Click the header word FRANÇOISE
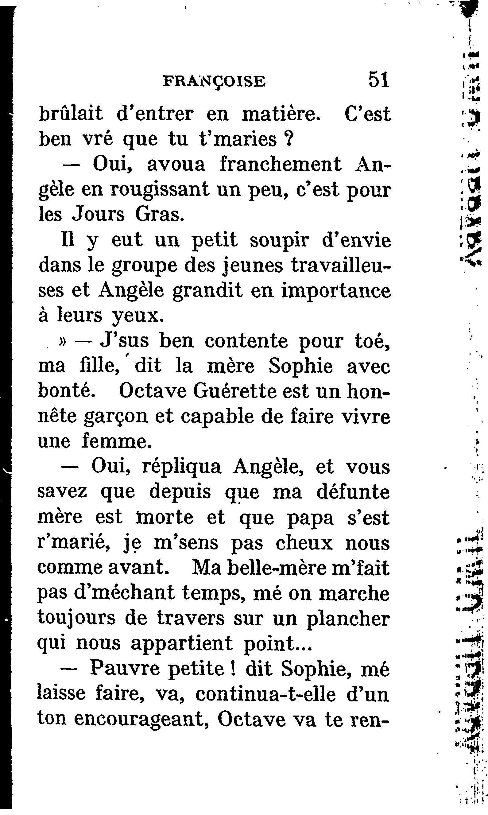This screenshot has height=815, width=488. pos(214,82)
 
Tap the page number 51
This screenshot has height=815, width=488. pos(379,80)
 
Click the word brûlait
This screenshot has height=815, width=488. pos(71,114)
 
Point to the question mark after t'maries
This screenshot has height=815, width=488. pos(289,139)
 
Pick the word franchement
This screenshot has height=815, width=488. pos(281,164)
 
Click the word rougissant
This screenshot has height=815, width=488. pos(160,190)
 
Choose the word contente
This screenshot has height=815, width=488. pos(246,341)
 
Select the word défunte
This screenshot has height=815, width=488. pos(353,492)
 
